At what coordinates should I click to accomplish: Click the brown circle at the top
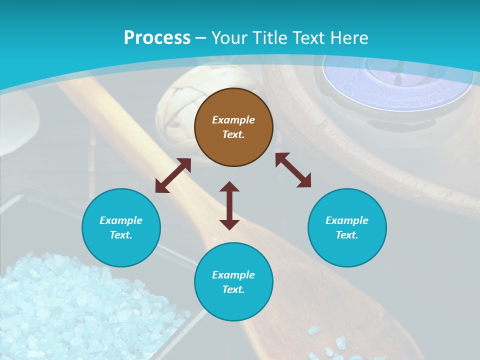pyautogui.click(x=233, y=127)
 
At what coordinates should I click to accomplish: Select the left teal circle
pyautogui.click(x=121, y=227)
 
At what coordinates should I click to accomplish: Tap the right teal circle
pyautogui.click(x=347, y=227)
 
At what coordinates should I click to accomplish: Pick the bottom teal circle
pyautogui.click(x=233, y=282)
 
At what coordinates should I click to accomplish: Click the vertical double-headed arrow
pyautogui.click(x=229, y=205)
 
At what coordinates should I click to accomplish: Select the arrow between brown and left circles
pyautogui.click(x=173, y=175)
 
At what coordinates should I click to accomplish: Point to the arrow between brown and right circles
pyautogui.click(x=293, y=170)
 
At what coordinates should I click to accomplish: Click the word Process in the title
pyautogui.click(x=157, y=38)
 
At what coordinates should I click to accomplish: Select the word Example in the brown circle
pyautogui.click(x=233, y=120)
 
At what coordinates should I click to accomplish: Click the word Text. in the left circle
pyautogui.click(x=121, y=235)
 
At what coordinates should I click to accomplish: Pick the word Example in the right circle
pyautogui.click(x=347, y=220)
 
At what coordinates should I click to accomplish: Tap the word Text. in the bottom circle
pyautogui.click(x=233, y=289)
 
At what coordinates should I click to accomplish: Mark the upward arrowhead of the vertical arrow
pyautogui.click(x=229, y=186)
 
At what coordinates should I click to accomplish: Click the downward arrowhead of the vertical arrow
pyautogui.click(x=229, y=224)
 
